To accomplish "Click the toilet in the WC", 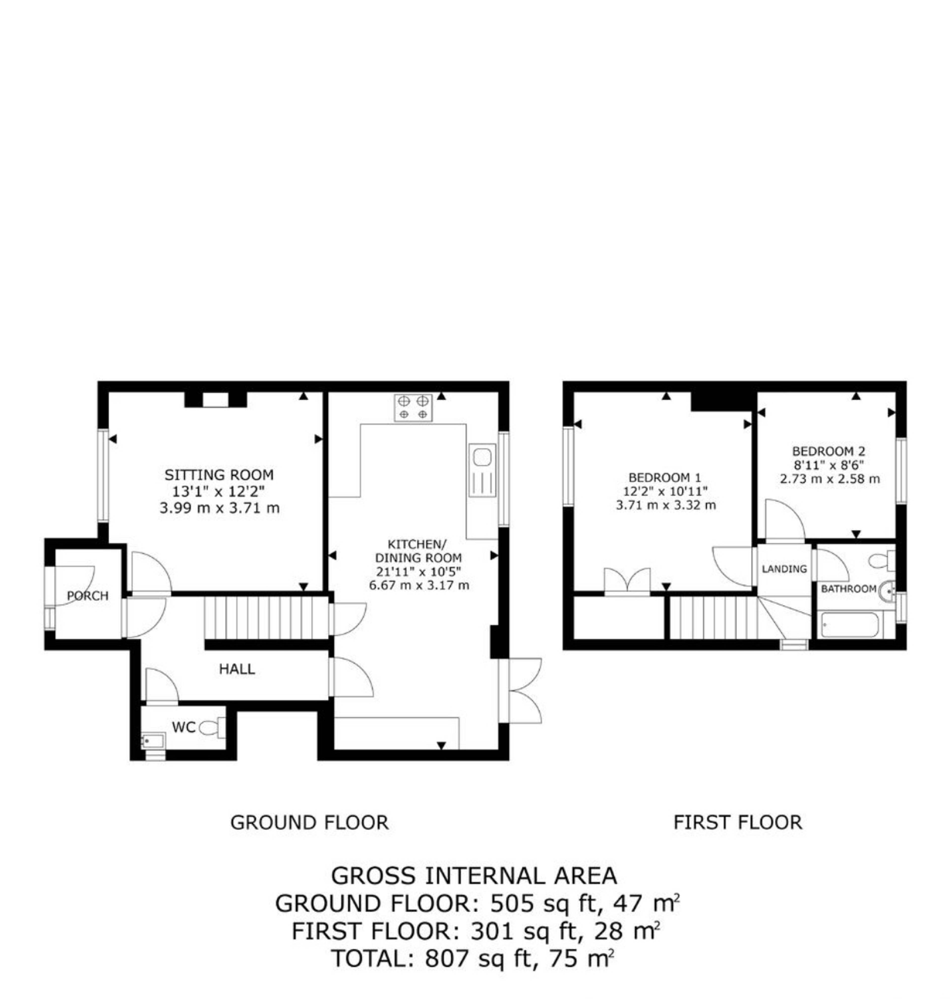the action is (212, 728).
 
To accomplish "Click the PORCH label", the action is (88, 596).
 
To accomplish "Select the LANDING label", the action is (784, 569).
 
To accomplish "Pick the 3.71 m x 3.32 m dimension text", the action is (666, 505).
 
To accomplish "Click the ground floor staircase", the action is (267, 619).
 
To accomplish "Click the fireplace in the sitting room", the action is (216, 400).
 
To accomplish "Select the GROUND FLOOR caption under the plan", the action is (310, 823).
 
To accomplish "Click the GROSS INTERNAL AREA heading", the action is (474, 876).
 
